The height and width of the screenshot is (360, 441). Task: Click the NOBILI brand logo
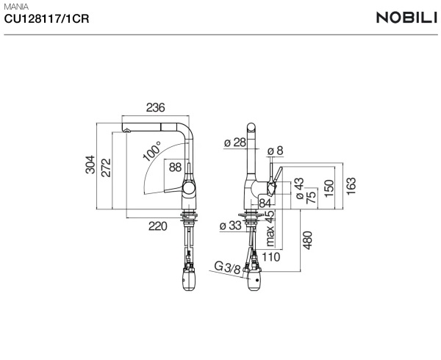coord(407,18)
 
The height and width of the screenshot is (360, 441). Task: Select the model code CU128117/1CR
coord(46,19)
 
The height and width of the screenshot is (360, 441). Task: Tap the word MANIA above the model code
coord(16,7)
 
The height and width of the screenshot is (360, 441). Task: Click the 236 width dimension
coord(155,108)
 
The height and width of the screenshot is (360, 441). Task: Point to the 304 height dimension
coord(90,165)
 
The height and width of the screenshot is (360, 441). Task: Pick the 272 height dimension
coord(107,168)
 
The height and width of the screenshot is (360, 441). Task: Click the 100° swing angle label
coord(152,151)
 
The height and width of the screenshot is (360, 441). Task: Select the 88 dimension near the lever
coord(175,168)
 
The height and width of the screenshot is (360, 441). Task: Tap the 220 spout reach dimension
coord(158,226)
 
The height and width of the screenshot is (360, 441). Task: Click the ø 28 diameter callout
coord(235,143)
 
